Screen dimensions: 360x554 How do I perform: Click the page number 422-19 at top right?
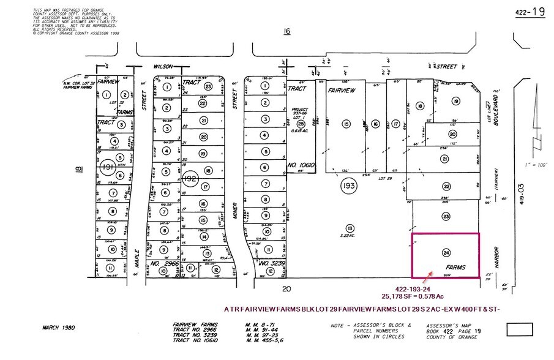tap(530, 11)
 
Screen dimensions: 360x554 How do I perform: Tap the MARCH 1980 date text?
tap(58, 328)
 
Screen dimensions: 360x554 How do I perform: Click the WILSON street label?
tap(162, 65)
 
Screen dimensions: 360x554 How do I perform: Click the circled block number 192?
tap(192, 178)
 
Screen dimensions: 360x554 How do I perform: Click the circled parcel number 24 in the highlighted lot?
tap(446, 252)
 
